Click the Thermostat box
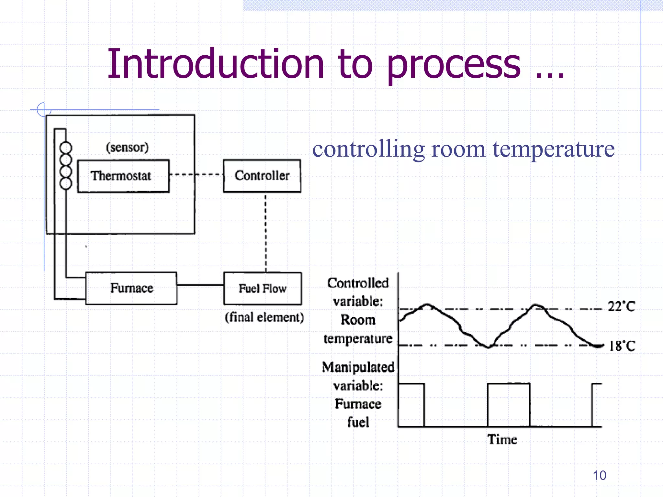click(x=123, y=176)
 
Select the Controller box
click(x=262, y=176)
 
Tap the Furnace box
click(x=131, y=288)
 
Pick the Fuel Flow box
click(x=263, y=288)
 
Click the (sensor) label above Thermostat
click(x=127, y=147)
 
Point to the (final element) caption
click(x=264, y=317)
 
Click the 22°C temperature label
click(x=621, y=306)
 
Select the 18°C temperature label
click(x=622, y=346)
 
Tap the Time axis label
click(x=502, y=439)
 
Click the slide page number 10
click(x=599, y=475)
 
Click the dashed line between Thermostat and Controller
click(x=196, y=175)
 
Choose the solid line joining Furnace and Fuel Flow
click(x=200, y=285)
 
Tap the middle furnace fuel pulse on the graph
click(x=509, y=404)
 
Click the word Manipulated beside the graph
click(x=358, y=367)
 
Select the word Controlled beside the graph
click(x=358, y=283)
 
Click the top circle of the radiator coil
click(x=66, y=148)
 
